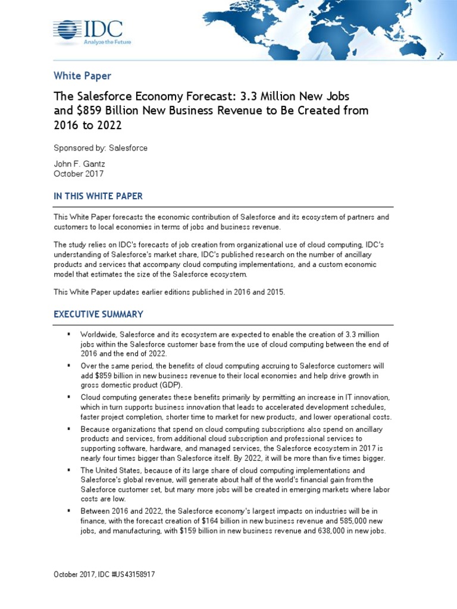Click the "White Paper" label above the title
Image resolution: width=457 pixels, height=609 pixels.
tap(82, 76)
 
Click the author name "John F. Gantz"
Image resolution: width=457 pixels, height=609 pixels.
tap(79, 163)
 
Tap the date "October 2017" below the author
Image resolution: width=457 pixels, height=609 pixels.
tap(79, 174)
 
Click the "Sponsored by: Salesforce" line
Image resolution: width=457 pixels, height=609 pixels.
tap(101, 147)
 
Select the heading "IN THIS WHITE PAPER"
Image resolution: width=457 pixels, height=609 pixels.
tap(98, 196)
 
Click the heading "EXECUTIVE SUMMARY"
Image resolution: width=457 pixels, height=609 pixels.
tap(98, 314)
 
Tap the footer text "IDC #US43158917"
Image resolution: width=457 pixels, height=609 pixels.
tap(129, 575)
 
